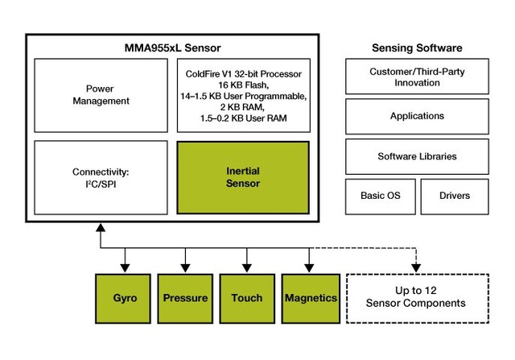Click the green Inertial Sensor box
coord(242,177)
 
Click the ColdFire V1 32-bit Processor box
coord(242,95)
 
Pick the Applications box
coord(417,116)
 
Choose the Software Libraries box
coord(417,155)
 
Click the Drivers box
coord(455,196)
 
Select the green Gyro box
coord(124,298)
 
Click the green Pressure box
coord(185,298)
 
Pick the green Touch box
coord(246,298)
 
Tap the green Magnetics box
coord(310,298)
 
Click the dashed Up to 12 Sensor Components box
coord(416,298)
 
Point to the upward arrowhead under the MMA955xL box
coord(100,230)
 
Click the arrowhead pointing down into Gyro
coord(124,267)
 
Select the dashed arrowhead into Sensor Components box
coord(416,267)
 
